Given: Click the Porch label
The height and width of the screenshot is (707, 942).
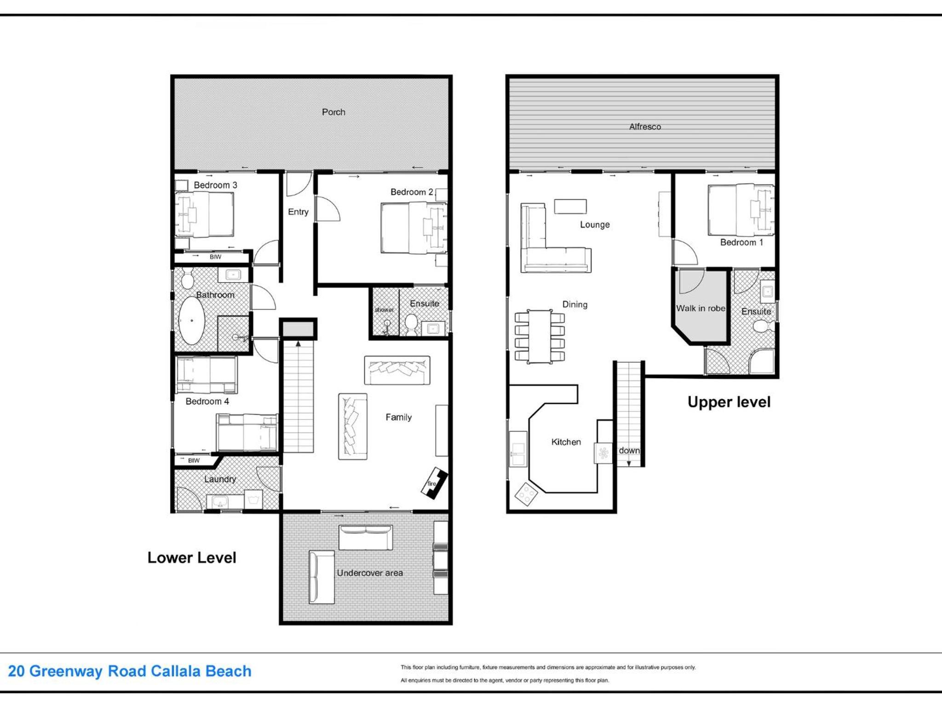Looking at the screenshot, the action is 333,112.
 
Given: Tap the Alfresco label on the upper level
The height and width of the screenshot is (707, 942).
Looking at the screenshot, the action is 645,127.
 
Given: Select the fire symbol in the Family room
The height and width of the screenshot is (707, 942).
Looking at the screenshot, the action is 434,483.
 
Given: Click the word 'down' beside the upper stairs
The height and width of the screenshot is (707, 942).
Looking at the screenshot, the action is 629,450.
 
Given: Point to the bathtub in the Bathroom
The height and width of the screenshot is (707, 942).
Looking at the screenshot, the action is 191,321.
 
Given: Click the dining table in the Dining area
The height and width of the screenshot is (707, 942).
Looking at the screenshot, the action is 540,336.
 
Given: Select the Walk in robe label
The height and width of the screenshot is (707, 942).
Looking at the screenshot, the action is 701,308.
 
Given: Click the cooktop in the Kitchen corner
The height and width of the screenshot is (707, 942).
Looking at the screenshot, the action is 526,494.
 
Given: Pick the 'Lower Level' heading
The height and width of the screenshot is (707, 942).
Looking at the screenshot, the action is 192,557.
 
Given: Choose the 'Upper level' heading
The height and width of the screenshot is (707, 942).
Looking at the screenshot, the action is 729,402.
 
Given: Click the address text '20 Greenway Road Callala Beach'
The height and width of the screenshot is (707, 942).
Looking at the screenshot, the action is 130,671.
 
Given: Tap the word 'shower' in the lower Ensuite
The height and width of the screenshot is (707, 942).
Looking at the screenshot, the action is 384,310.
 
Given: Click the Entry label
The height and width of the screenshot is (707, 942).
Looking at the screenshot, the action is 298,212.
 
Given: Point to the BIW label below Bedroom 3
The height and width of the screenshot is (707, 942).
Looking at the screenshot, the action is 215,257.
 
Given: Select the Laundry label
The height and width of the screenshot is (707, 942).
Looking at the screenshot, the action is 220,479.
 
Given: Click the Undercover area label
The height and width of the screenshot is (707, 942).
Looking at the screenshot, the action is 370,573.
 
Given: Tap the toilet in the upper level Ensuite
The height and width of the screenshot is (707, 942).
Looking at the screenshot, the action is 763,326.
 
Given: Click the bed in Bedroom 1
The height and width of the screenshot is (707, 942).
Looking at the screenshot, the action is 741,210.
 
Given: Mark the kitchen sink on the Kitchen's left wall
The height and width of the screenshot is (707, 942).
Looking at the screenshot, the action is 518,449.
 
